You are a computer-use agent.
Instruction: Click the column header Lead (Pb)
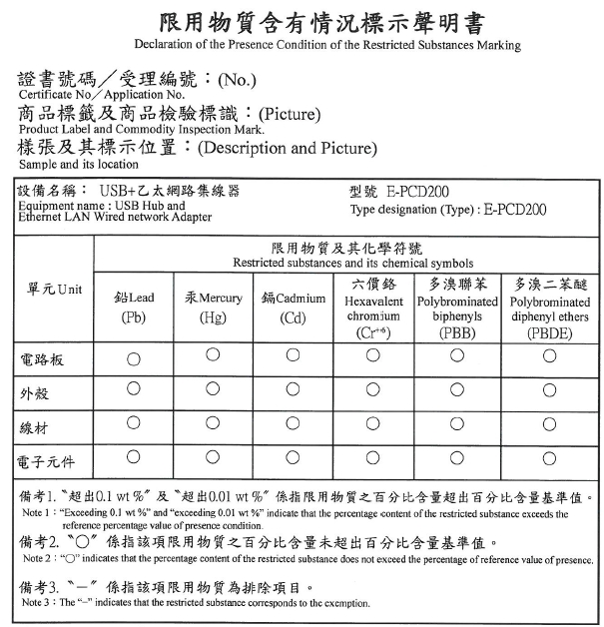[x=134, y=308]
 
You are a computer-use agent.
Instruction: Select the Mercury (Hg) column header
[x=214, y=308]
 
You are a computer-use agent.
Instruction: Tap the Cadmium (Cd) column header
[x=294, y=308]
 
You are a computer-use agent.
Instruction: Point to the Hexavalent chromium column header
[x=371, y=308]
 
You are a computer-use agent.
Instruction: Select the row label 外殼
[x=36, y=393]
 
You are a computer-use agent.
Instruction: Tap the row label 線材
[x=36, y=427]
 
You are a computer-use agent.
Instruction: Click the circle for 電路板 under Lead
[x=134, y=357]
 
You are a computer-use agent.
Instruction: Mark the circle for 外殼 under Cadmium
[x=294, y=389]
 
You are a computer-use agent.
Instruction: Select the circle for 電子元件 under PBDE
[x=549, y=458]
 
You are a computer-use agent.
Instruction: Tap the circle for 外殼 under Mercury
[x=213, y=389]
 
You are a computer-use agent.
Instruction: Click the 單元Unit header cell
[x=54, y=289]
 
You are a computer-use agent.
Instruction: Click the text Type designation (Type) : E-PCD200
[x=448, y=210]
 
